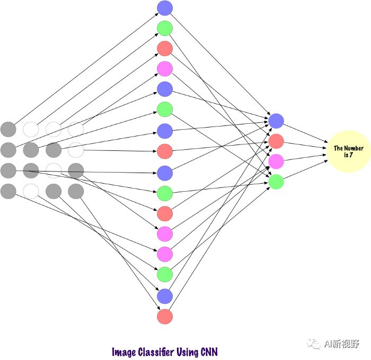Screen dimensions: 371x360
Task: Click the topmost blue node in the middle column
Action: [165, 8]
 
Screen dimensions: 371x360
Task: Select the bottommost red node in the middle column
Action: [165, 317]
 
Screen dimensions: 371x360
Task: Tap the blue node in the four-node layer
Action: [276, 121]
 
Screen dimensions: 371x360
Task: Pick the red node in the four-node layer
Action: [276, 141]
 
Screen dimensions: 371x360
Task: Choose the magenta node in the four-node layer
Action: [276, 161]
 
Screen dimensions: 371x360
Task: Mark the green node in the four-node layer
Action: [276, 182]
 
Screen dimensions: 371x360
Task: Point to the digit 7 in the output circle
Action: [351, 155]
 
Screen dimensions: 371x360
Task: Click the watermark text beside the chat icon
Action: [342, 344]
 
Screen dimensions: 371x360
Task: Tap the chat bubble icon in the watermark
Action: [314, 344]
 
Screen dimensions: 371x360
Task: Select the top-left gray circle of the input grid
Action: [8, 129]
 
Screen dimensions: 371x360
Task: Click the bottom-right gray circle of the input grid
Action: [76, 191]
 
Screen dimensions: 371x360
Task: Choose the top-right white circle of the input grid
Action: [76, 129]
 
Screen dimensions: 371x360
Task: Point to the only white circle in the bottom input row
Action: [31, 191]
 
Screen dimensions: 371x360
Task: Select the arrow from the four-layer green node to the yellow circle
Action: [305, 169]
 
